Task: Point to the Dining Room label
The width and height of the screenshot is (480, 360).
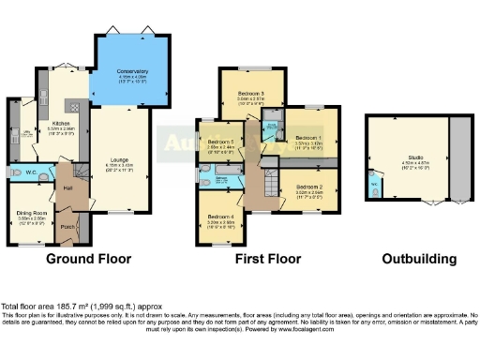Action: pos(33,213)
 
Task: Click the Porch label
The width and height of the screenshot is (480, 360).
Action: pos(67,226)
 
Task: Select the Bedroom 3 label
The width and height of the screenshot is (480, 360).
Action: pos(250,94)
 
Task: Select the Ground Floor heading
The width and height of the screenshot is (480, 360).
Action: pos(88,259)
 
